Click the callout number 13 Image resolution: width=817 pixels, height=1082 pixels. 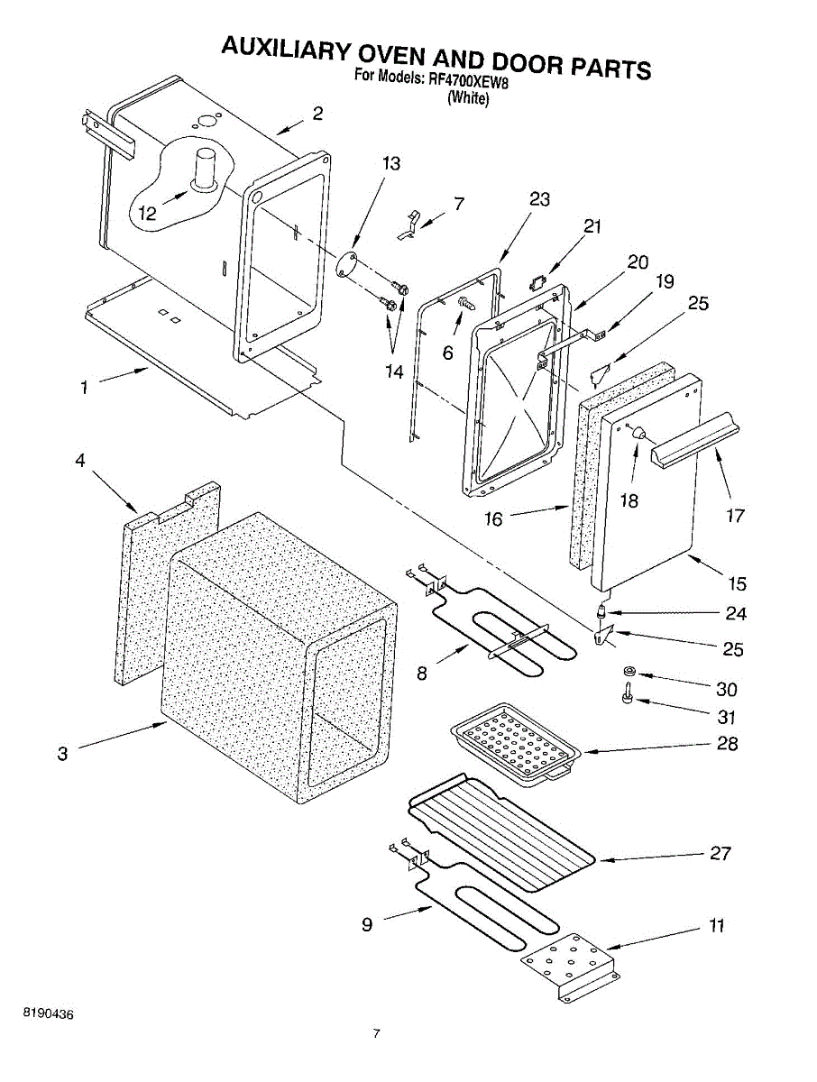click(x=390, y=164)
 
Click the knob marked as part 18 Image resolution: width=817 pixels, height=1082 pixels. click(x=639, y=433)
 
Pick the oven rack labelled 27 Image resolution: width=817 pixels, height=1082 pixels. click(x=501, y=830)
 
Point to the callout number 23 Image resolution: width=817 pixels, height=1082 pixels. click(x=539, y=200)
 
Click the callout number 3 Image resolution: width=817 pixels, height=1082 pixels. click(x=62, y=754)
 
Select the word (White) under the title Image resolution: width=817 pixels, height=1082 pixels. click(x=469, y=98)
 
